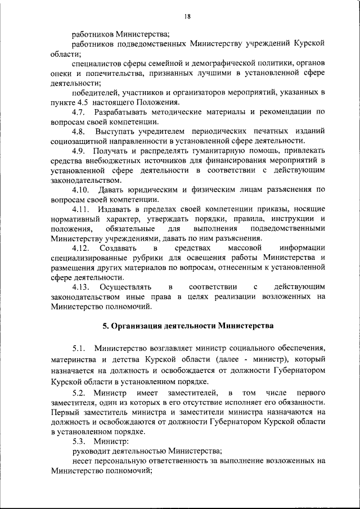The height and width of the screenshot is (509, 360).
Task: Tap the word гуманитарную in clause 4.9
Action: tap(209, 151)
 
